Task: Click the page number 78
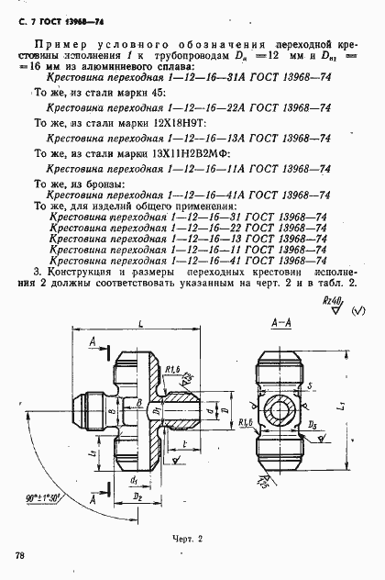tap(19, 554)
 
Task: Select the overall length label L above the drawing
tap(136, 324)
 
